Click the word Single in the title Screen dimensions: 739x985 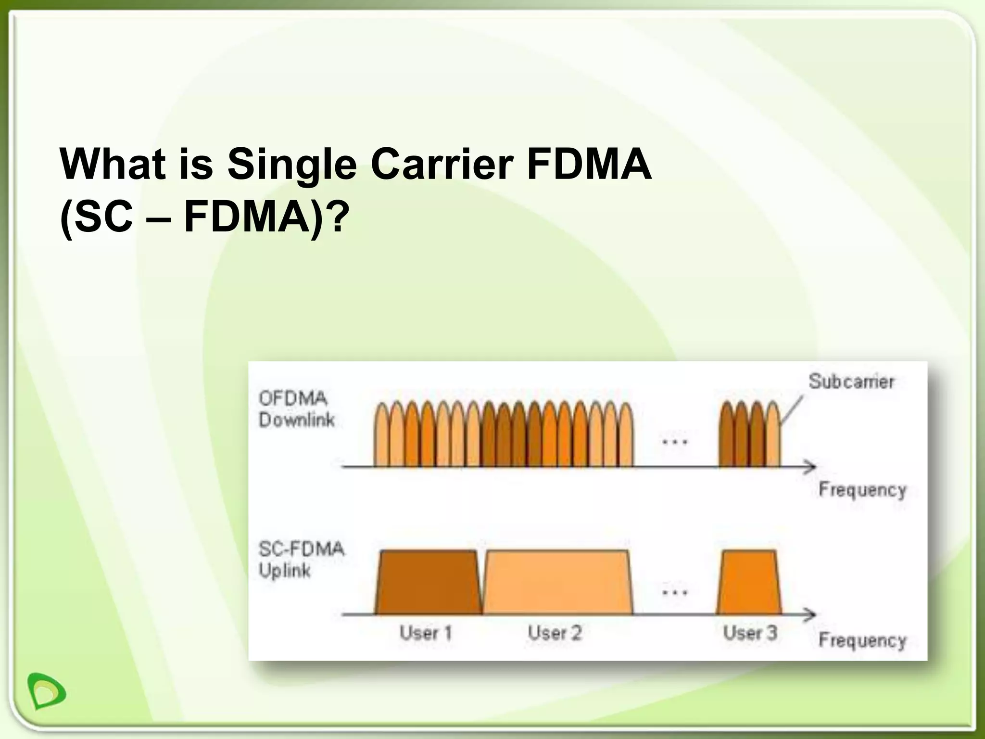pyautogui.click(x=291, y=164)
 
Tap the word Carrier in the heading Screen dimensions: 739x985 pyautogui.click(x=440, y=164)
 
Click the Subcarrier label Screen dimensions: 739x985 pyautogui.click(x=851, y=382)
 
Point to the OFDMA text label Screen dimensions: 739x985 pyautogui.click(x=293, y=398)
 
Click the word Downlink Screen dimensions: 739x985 pyautogui.click(x=296, y=420)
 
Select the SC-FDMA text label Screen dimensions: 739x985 pyautogui.click(x=302, y=549)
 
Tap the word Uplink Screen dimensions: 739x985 pyautogui.click(x=284, y=571)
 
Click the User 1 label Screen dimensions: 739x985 pyautogui.click(x=426, y=633)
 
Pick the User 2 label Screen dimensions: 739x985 pyautogui.click(x=555, y=633)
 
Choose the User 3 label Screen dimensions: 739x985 pyautogui.click(x=750, y=633)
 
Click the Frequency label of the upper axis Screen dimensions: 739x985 pyautogui.click(x=862, y=490)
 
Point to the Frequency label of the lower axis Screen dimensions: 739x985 pyautogui.click(x=862, y=640)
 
